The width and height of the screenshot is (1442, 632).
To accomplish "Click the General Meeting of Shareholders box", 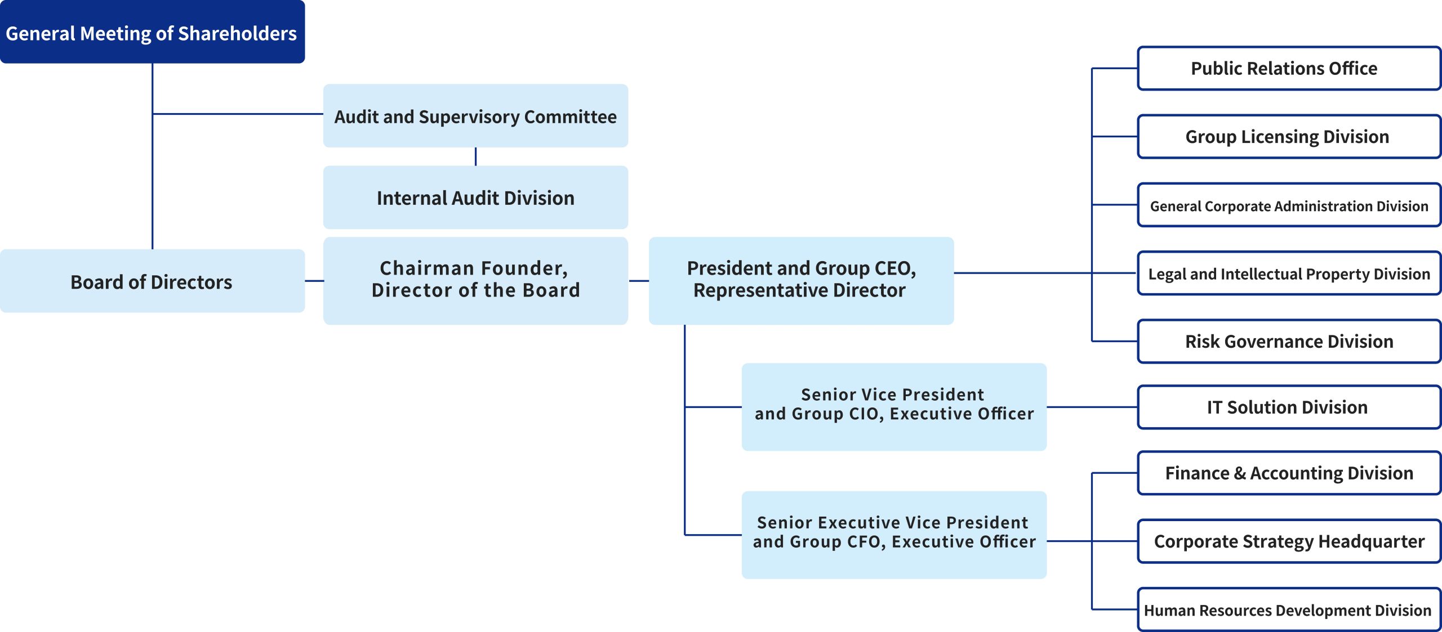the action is [152, 32].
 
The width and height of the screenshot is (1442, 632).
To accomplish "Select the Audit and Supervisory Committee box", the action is [475, 116].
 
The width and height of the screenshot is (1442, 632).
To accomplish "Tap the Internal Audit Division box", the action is [475, 197].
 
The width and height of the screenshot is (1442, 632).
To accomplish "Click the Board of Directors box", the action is [152, 281].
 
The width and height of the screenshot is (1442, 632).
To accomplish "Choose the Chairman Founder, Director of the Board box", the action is [475, 281].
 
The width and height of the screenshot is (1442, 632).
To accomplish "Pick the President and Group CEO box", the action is [801, 281].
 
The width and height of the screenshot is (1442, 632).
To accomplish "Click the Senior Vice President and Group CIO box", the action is [894, 407].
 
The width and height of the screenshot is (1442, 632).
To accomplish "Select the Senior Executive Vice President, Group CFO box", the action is [894, 535].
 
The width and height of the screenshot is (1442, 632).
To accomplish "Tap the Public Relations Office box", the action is [1289, 69].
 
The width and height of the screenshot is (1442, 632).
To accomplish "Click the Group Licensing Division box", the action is [1289, 137].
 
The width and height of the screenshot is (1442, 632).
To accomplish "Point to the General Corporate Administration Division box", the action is [1289, 205].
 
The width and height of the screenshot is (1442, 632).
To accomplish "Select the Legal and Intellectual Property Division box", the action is [1289, 274].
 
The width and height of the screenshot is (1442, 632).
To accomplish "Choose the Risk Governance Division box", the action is [1289, 342].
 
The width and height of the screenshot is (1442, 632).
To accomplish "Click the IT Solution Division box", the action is [1289, 407].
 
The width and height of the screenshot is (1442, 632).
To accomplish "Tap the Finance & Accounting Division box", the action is [1289, 473].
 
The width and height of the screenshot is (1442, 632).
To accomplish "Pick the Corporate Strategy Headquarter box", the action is [1289, 541].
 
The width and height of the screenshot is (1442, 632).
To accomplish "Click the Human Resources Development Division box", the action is [1289, 610].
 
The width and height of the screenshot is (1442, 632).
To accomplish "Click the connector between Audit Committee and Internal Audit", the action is [475, 156].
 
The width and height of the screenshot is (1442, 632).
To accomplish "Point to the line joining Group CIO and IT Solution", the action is [1092, 407].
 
